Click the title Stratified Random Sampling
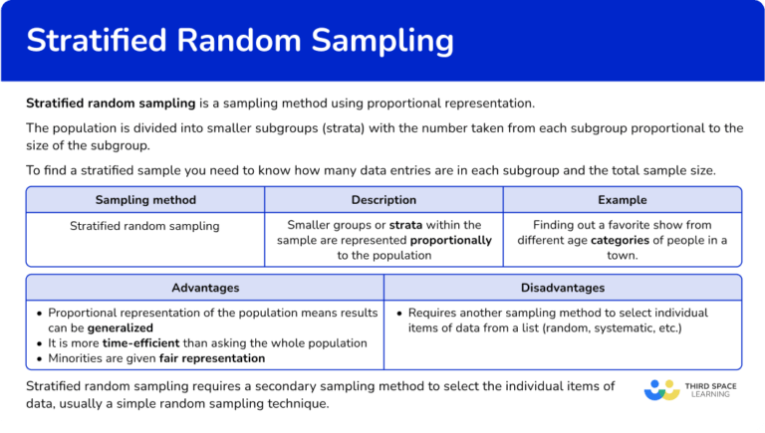pos(239,41)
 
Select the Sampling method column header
pos(145,200)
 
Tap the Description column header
pos(383,200)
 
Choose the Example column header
pos(622,200)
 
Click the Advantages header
pos(205,288)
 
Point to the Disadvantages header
pos(563,288)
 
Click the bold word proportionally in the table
pos(451,240)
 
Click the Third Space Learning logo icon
pos(661,389)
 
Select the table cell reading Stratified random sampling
pos(145,226)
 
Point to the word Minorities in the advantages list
pos(79,357)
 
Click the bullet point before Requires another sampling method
pos(398,313)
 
